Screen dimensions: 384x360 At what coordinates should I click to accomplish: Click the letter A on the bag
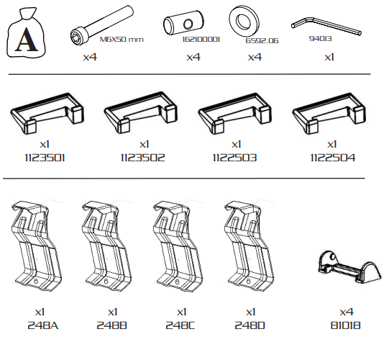27,40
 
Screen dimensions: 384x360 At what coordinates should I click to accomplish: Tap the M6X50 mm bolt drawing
101,25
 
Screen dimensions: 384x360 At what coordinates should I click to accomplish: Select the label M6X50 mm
122,40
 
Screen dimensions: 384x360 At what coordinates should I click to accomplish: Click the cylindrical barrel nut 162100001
183,23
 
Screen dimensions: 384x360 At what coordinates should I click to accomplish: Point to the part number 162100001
201,40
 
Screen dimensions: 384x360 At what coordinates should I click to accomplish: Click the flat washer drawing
244,21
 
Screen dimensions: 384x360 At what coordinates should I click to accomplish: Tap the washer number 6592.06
262,41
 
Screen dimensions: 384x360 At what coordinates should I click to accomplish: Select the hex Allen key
326,26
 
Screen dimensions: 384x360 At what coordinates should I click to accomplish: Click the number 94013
320,39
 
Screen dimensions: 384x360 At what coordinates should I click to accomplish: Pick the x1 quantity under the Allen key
329,58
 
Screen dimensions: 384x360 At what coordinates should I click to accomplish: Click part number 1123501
45,158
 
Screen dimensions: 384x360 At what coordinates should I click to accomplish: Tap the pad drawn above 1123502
141,112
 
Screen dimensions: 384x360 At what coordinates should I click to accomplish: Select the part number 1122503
234,158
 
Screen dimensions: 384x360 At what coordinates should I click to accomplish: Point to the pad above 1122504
329,114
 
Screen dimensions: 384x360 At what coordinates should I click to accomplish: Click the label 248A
43,325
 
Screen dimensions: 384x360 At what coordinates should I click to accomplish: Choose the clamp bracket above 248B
106,246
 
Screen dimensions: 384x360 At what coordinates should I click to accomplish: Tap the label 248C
180,325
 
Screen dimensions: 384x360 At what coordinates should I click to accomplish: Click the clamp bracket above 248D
249,246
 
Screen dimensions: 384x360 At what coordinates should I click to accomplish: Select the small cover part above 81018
349,267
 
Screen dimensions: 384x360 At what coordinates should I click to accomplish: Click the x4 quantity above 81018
347,312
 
